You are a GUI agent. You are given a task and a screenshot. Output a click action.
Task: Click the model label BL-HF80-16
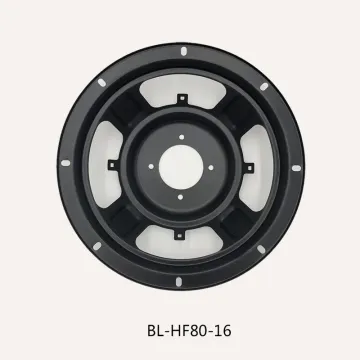[179, 326]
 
